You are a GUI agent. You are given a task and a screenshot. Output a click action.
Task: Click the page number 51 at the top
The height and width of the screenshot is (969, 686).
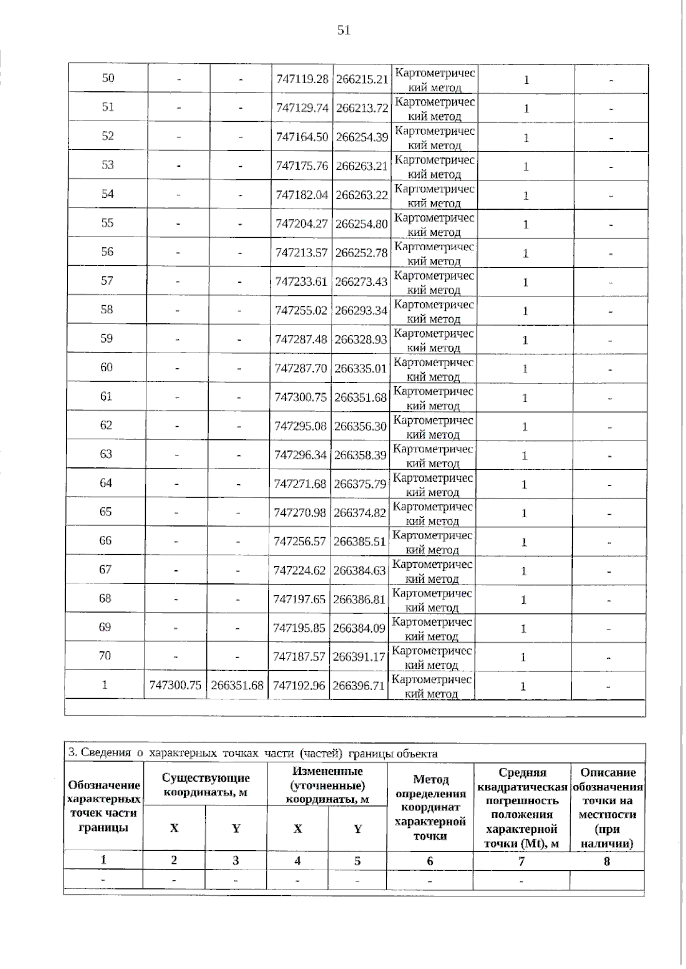(344, 30)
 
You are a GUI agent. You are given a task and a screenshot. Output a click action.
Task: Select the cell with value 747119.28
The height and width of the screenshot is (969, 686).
(302, 79)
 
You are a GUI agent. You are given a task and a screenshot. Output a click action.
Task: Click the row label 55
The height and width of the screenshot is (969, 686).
(107, 223)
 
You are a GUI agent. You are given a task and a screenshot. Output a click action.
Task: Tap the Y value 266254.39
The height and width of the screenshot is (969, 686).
(362, 137)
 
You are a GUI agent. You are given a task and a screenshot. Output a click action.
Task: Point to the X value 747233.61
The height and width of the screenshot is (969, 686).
(301, 281)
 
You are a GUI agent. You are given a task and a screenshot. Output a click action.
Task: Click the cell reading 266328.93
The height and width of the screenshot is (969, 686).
(361, 339)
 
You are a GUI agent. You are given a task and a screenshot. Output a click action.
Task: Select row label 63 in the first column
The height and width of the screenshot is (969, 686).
(106, 454)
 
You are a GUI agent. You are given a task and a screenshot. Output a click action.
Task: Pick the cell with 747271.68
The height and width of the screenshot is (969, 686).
(300, 484)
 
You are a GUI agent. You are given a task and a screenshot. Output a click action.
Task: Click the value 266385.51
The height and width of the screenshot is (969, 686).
(360, 541)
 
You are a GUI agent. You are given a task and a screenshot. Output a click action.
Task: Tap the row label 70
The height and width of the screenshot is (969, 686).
(105, 656)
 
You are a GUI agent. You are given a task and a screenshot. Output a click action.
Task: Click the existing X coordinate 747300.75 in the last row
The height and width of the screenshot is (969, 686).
(176, 685)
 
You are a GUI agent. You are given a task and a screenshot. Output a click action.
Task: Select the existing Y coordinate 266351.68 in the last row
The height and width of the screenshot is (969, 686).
(237, 685)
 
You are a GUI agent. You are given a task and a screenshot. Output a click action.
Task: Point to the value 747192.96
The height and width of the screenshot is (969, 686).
(299, 685)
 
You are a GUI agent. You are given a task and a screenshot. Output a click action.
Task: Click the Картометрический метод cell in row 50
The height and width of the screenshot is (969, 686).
(435, 79)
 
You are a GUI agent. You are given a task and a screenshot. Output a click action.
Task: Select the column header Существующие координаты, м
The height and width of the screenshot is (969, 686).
(206, 785)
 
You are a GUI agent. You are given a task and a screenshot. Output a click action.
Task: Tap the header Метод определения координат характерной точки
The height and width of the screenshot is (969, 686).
(430, 807)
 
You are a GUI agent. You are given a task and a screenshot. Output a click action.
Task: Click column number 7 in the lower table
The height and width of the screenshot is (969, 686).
(521, 861)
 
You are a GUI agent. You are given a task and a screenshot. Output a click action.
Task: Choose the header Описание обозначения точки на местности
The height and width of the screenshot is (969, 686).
(607, 807)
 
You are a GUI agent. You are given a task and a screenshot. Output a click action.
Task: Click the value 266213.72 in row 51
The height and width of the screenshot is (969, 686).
(362, 108)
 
